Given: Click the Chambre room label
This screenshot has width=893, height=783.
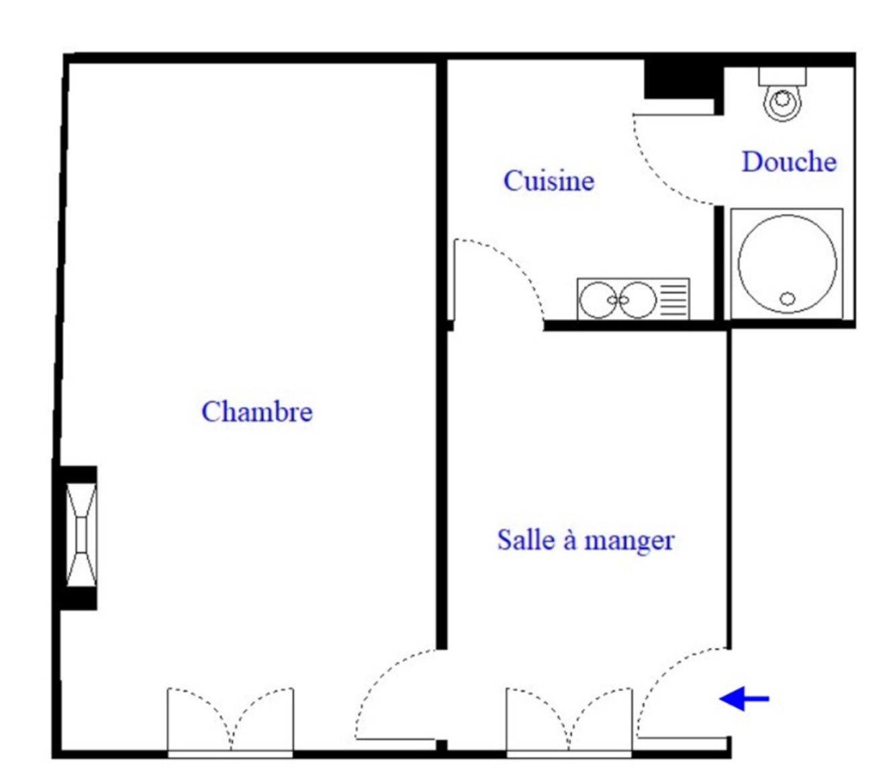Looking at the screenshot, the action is tap(257, 412).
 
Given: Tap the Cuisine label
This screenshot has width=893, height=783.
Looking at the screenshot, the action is tap(549, 181).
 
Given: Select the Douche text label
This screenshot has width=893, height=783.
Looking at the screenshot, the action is tap(789, 161).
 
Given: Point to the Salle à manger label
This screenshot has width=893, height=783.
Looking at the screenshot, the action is tap(585, 540).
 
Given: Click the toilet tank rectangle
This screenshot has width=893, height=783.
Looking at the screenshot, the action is tap(782, 77).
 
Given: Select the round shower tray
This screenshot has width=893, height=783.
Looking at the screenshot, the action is tap(787, 264).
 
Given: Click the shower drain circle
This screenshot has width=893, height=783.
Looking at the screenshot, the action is tap(787, 299).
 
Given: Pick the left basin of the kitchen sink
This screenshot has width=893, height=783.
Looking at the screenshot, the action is tap(598, 300).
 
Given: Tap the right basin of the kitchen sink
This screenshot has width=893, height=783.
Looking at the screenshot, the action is tap(637, 300).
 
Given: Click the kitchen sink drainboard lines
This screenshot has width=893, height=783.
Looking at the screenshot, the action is tap(673, 300).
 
